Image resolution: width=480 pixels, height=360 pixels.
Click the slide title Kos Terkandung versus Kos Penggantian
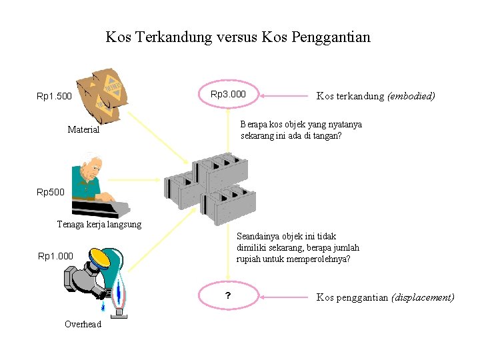tap(237, 37)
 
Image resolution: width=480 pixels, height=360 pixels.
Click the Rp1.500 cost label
tap(54, 97)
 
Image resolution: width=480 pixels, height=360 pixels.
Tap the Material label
tap(83, 129)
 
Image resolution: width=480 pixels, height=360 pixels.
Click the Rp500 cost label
tap(51, 193)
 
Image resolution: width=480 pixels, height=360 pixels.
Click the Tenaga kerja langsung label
tap(99, 224)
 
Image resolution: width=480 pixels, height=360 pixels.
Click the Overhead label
tap(83, 324)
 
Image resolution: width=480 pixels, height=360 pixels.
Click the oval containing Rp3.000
tap(228, 95)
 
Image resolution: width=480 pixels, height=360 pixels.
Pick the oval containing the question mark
tap(228, 297)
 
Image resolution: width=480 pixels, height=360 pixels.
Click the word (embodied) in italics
tap(411, 96)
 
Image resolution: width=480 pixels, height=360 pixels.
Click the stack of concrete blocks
tap(210, 190)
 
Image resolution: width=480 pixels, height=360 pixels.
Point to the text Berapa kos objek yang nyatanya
tap(301, 124)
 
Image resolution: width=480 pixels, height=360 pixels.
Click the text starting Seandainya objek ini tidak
tap(287, 236)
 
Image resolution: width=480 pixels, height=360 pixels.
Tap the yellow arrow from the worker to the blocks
tap(137, 180)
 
